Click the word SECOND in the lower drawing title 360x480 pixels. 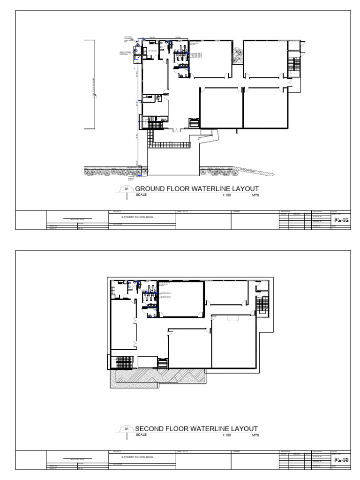(149, 429)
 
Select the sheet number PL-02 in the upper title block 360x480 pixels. (340, 219)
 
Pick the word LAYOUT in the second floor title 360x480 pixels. (242, 429)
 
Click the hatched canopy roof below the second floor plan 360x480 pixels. (159, 377)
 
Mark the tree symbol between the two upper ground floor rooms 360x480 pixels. (238, 55)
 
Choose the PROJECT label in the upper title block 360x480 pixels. (114, 211)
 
